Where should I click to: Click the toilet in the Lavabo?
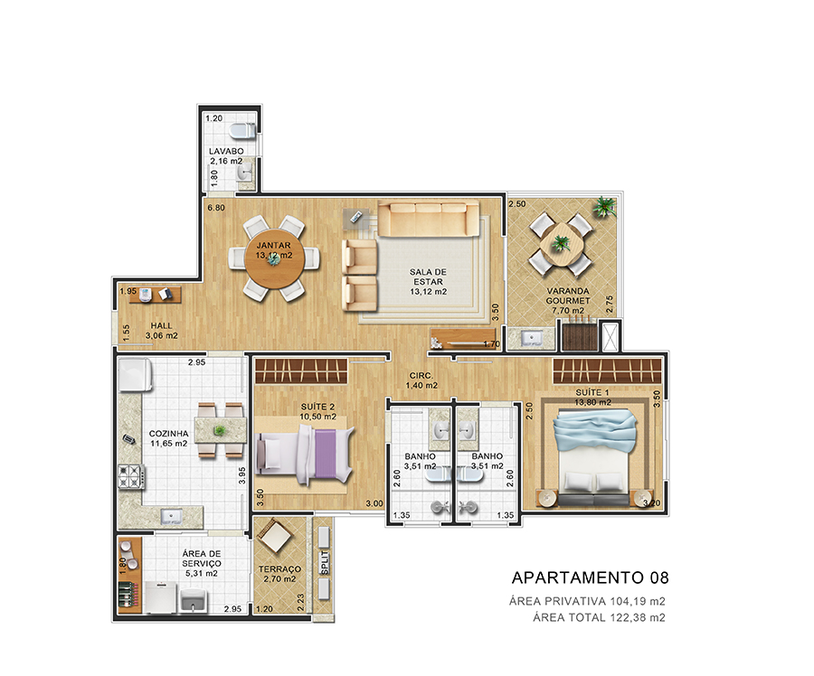242,131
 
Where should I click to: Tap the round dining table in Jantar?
275,258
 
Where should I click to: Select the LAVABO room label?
226,151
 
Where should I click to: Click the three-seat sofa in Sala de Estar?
429,219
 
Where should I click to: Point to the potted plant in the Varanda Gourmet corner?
605,207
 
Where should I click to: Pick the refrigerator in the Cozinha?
135,374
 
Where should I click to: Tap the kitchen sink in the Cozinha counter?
171,517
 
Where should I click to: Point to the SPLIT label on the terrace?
325,563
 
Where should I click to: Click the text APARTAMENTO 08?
591,577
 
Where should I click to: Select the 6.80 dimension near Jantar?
216,208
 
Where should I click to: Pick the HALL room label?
161,326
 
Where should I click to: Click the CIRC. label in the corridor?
421,376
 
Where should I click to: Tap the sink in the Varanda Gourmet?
531,339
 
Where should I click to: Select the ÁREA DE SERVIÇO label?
202,559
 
